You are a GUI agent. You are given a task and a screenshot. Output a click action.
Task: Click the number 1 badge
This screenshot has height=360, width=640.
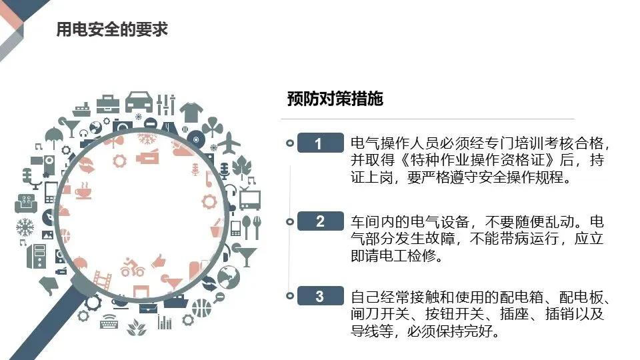319,143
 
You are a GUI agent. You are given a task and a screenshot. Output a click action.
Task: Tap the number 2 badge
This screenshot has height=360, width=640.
319,221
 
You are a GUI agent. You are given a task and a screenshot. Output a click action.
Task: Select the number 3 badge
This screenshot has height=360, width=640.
319,296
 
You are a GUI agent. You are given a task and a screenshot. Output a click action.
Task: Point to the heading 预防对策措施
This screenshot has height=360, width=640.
335,99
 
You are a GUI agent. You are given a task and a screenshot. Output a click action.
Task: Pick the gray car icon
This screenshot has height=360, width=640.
138,101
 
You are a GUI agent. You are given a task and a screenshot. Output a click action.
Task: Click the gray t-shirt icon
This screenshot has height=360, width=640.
190,110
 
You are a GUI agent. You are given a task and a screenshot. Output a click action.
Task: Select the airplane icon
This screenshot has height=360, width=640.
231,143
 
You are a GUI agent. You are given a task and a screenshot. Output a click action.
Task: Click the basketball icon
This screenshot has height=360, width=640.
201,308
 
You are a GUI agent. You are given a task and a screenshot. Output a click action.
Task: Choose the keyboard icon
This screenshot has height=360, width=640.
111,322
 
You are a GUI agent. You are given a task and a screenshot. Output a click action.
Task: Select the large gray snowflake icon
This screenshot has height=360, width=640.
25,227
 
